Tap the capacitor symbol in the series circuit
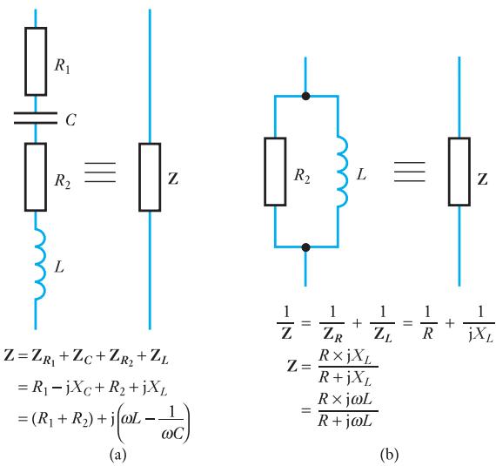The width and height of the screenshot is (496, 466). coord(36,118)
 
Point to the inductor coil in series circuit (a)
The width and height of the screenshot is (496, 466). coord(41,263)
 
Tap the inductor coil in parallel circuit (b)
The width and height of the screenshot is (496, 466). coord(343,172)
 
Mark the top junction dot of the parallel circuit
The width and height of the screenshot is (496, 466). coord(305,96)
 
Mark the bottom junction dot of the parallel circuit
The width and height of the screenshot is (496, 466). coord(305,247)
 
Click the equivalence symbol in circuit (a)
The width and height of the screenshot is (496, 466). coord(100,172)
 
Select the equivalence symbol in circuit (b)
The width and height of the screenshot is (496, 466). coord(410,172)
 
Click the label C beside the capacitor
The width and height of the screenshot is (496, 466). coord(70,120)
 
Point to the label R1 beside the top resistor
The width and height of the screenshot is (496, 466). coord(63,66)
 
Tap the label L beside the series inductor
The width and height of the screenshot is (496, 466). coord(59,267)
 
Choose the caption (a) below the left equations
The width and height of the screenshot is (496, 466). coord(117,455)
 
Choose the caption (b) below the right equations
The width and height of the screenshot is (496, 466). coord(390,455)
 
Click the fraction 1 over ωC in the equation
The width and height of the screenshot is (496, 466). coord(172,423)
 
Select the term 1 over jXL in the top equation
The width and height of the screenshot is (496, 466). coord(479,324)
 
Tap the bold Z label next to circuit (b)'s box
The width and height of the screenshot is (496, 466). coord(483,179)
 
